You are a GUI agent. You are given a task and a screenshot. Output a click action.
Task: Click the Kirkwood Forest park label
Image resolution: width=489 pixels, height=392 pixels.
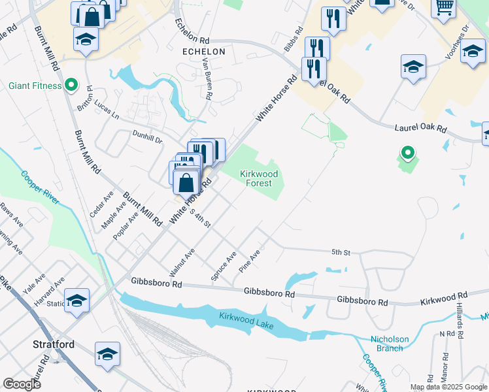(259, 178)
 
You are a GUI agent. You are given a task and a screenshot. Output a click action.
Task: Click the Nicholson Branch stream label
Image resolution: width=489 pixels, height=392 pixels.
(390, 344)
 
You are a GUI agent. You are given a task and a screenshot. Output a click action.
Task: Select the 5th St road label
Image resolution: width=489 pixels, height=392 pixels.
(341, 252)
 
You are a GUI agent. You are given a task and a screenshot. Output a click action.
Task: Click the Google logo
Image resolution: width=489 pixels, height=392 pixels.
(22, 384)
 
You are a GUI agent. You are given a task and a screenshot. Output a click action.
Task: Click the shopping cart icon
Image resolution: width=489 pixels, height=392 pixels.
(444, 7)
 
